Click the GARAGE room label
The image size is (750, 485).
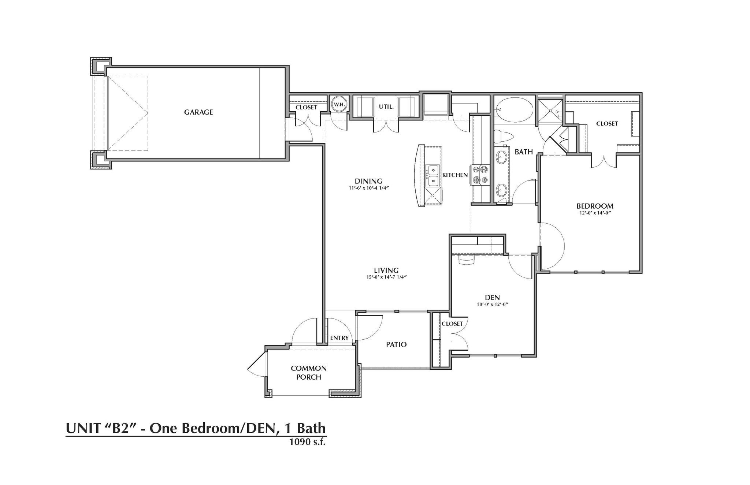[198, 112]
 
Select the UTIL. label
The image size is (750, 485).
[386, 107]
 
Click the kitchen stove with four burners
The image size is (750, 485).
[480, 175]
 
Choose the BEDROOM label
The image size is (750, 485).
[595, 206]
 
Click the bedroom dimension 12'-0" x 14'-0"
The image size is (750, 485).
[594, 213]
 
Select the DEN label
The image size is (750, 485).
[492, 298]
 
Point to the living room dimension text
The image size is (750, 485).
[387, 277]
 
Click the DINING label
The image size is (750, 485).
[368, 181]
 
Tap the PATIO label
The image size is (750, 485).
[396, 344]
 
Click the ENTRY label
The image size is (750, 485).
[339, 338]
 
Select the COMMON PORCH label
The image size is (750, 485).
[309, 373]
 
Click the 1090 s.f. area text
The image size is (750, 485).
[307, 442]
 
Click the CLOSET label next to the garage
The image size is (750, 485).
[306, 107]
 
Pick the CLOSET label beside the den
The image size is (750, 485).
[452, 324]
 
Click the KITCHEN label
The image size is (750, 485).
[455, 175]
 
